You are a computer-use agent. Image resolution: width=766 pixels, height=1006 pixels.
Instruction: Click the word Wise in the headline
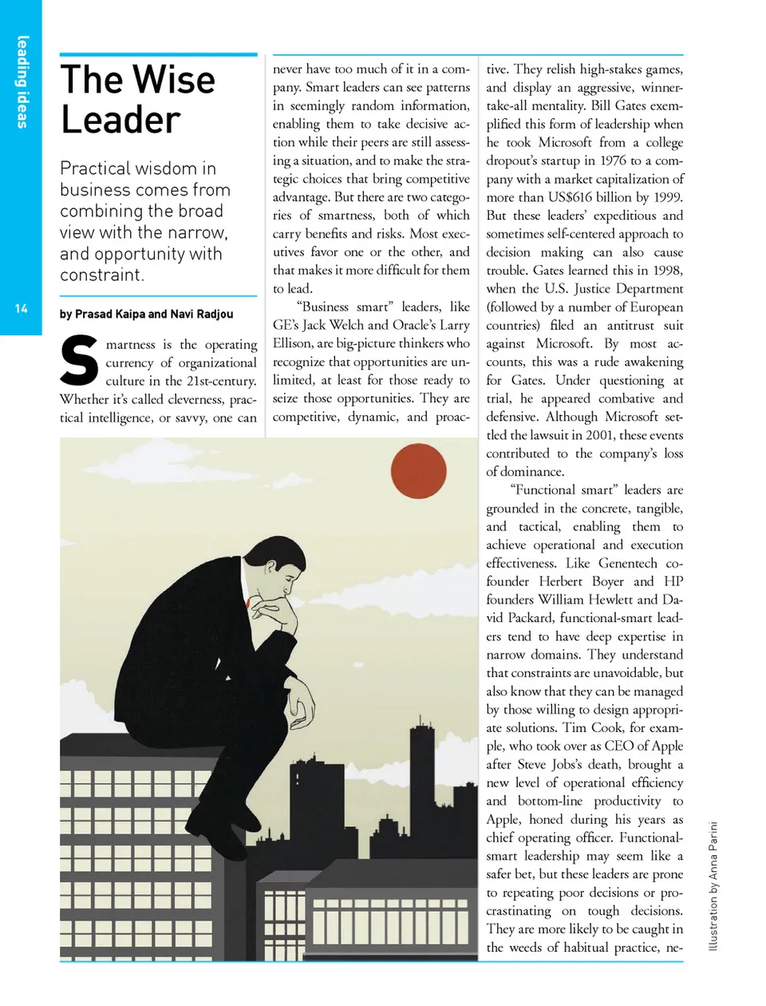173,80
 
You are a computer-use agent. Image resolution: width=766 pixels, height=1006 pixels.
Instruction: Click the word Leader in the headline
120,121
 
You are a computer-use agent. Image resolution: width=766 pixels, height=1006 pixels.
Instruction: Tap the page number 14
22,308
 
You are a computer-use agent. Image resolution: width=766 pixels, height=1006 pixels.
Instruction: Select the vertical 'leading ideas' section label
22,81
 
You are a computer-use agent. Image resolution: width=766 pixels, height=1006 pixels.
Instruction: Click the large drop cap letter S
80,362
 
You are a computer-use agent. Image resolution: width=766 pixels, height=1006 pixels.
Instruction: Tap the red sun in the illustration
419,471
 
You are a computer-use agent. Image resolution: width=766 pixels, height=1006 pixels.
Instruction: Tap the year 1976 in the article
613,160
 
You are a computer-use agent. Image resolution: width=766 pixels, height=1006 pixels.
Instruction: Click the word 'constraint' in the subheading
101,275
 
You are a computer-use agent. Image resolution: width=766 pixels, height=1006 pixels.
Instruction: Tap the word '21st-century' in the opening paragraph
221,381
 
